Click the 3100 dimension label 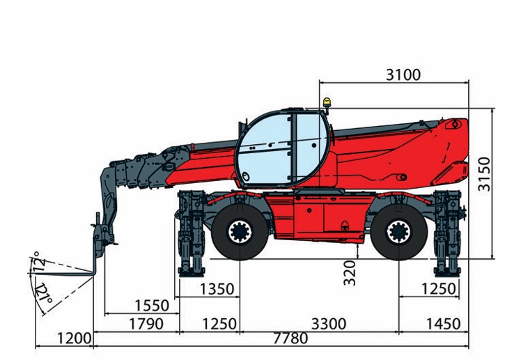point(403,75)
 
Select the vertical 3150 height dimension point(484,174)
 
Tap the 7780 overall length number point(290,338)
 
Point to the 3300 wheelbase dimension point(329,324)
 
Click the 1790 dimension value point(146,324)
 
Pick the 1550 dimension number point(152,306)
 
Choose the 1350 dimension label point(217,289)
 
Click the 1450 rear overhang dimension point(443,324)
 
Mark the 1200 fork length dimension point(74,338)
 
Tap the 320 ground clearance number point(350,273)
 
